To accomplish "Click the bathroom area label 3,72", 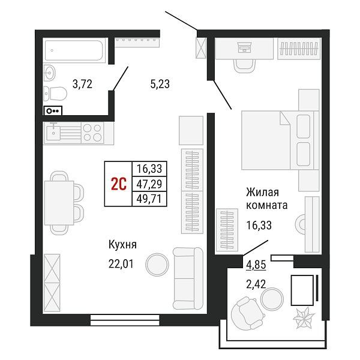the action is (x=82, y=84).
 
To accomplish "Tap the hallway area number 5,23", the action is (x=160, y=84).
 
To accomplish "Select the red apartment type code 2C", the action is (x=119, y=184).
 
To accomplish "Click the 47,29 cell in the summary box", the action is (x=149, y=184).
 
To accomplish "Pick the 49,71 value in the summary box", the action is (x=149, y=199).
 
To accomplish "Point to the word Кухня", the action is (x=122, y=245).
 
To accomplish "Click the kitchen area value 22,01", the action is (x=121, y=264).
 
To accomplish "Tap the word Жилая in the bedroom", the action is (x=262, y=193).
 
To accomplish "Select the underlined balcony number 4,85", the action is (x=256, y=265).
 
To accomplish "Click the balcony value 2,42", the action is (x=256, y=284).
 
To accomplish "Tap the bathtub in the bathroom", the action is (x=74, y=50).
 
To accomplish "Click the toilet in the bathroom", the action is (x=55, y=94).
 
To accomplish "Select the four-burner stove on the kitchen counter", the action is (x=92, y=133).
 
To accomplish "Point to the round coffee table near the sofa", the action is (x=157, y=265).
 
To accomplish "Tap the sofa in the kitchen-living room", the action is (x=188, y=278).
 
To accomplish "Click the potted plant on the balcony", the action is (x=304, y=318).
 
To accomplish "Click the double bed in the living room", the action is (x=280, y=140).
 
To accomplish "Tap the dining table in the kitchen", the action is (x=59, y=203).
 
